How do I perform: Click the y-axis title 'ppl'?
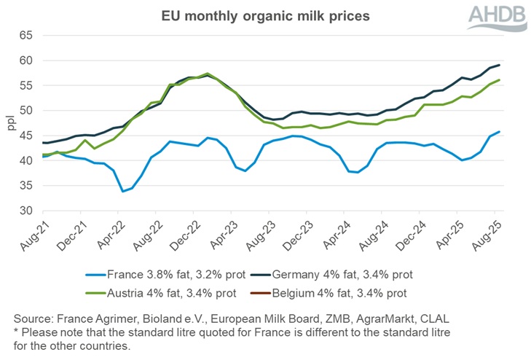(x=10, y=123)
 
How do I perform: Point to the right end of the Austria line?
(x=498, y=80)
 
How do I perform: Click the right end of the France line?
(x=498, y=132)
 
